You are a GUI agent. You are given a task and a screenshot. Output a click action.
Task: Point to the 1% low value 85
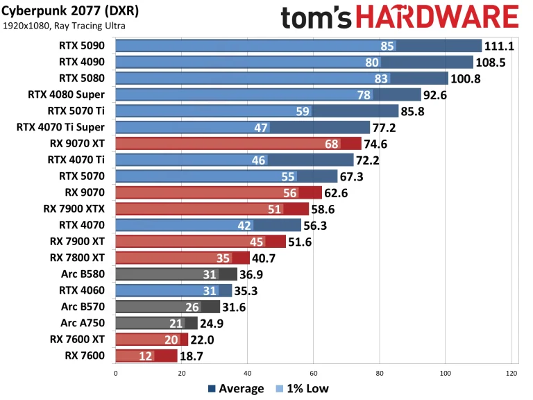point(388,47)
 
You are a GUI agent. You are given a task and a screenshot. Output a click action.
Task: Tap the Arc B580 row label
point(83,274)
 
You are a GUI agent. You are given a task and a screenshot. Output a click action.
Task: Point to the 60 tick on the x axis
point(313,372)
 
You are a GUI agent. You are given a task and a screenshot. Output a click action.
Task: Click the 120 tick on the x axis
point(511,372)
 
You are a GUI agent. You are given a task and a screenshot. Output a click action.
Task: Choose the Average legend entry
point(236,389)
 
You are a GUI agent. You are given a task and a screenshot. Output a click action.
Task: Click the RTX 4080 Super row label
point(67,94)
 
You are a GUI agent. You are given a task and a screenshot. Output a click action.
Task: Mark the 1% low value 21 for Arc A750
point(175,323)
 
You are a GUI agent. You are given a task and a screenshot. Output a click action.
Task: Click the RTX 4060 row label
point(82,290)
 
